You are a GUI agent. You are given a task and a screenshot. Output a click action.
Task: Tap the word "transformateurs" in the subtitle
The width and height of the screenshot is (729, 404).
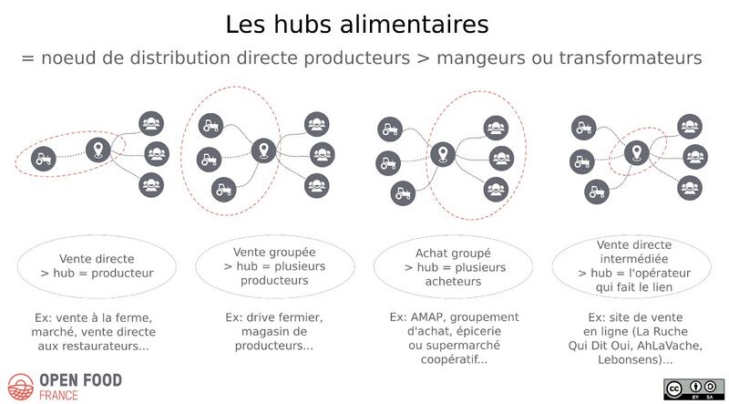click(630, 58)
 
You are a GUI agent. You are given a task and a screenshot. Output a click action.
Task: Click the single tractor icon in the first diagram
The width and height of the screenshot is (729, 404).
click(43, 159)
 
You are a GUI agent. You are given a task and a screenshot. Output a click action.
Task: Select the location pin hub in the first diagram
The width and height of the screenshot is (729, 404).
click(98, 150)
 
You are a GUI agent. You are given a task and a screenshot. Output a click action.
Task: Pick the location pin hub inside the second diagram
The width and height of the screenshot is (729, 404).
click(263, 150)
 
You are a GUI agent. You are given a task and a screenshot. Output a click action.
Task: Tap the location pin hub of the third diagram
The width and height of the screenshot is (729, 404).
click(443, 154)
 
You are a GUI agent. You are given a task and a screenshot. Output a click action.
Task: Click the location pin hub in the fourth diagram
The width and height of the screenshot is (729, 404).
click(636, 152)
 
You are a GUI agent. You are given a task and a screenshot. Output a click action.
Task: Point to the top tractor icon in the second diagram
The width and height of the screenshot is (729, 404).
click(210, 126)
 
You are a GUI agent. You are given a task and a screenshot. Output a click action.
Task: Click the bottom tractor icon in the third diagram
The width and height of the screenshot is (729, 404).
click(403, 193)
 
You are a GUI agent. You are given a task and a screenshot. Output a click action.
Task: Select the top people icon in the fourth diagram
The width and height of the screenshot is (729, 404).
click(690, 126)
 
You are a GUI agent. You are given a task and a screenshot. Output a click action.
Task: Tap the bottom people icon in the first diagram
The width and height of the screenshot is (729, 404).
click(151, 185)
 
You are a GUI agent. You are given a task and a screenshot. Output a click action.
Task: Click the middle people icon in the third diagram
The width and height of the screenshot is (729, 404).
click(501, 159)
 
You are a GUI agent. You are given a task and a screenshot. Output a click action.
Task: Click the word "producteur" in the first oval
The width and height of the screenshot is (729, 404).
click(122, 274)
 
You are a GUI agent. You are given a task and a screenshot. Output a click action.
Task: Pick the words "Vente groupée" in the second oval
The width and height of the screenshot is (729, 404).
click(274, 253)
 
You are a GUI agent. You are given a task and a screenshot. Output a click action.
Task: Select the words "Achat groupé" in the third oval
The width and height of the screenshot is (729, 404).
click(453, 254)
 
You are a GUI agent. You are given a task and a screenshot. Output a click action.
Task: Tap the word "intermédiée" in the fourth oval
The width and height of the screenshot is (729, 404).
click(633, 259)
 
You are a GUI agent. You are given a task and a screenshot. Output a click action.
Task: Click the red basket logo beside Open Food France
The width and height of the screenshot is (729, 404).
click(20, 387)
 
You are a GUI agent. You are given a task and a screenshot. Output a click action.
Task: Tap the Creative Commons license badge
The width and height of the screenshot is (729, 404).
click(693, 389)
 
